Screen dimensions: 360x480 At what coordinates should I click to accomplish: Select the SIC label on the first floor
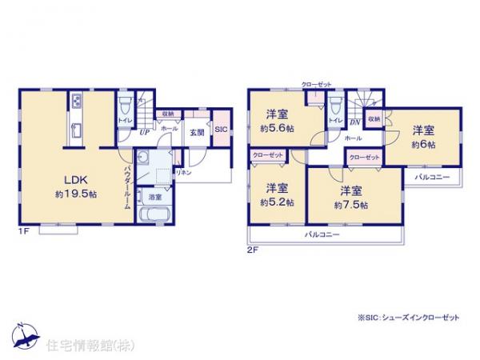220,130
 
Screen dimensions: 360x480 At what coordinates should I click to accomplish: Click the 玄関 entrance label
197,133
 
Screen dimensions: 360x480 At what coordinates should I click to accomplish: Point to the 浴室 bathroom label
154,196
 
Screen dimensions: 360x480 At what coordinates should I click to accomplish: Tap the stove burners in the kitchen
76,102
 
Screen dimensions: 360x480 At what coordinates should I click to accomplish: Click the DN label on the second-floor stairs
355,122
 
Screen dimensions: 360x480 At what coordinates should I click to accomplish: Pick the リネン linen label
183,172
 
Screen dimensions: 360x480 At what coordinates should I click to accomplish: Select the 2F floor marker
252,249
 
